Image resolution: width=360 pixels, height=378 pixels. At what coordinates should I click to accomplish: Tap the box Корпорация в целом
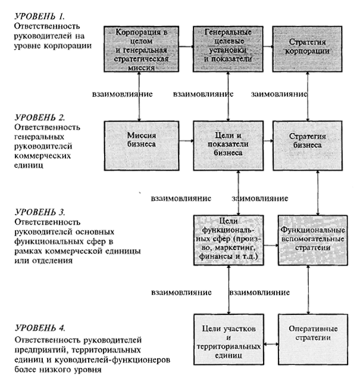point(141,48)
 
